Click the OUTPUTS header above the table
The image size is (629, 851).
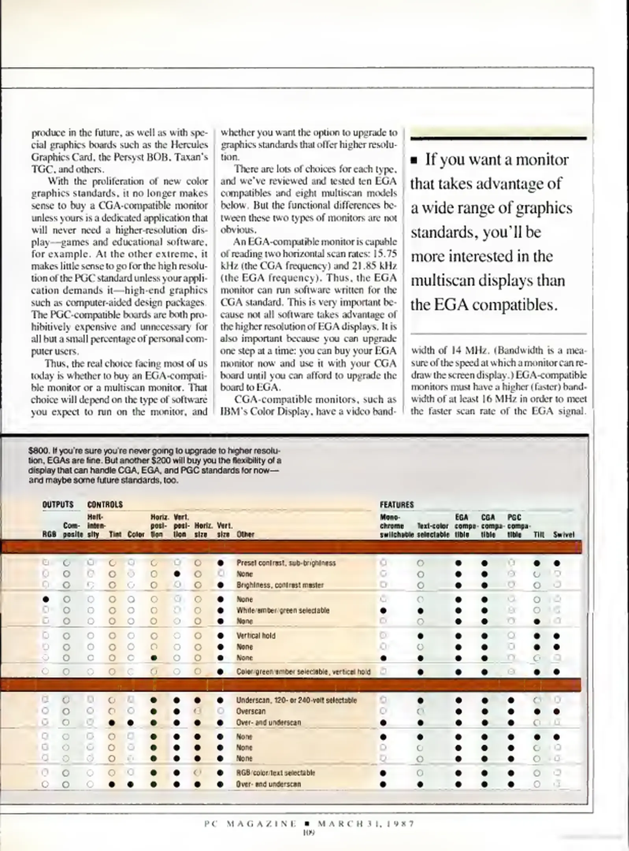point(58,505)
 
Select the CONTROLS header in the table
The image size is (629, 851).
point(105,505)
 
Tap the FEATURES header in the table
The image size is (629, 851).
point(397,505)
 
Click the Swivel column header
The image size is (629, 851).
point(563,535)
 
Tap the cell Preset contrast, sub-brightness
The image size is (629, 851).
point(286,563)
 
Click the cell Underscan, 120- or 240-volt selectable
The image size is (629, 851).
point(296,700)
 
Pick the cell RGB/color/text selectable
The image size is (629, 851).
point(275,773)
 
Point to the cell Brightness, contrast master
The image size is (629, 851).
point(280,585)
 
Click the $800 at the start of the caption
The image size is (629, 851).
point(35,450)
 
